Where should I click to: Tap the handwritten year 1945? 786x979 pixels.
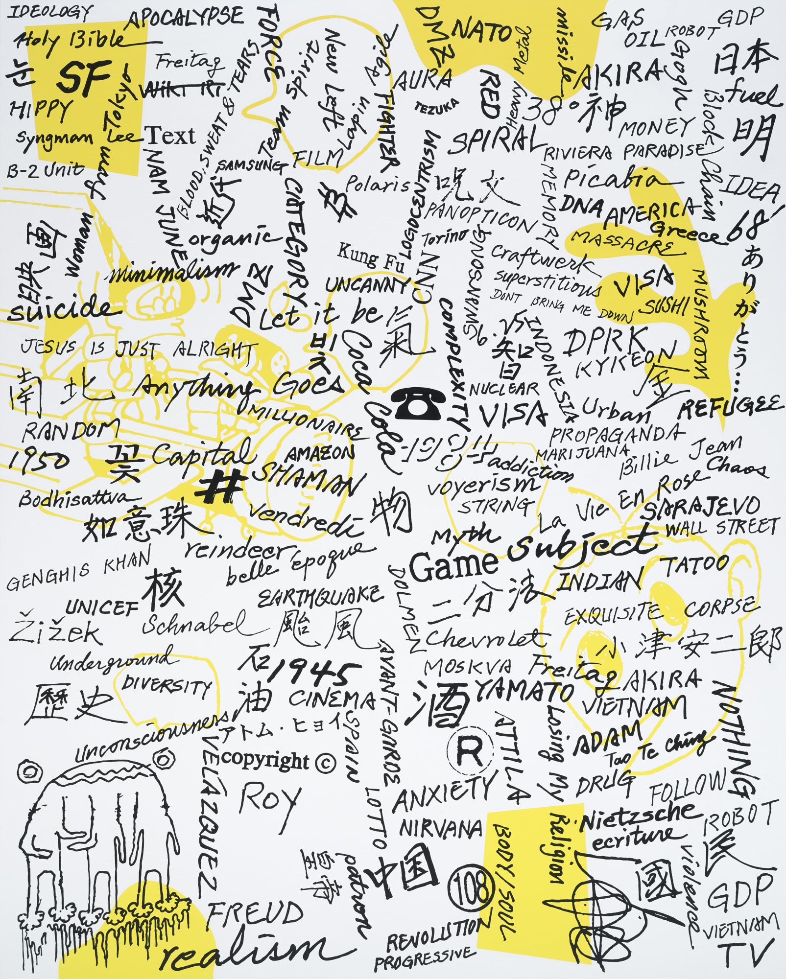pyautogui.click(x=313, y=674)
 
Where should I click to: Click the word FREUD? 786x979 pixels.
pyautogui.click(x=255, y=914)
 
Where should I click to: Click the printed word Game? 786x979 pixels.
pyautogui.click(x=453, y=565)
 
